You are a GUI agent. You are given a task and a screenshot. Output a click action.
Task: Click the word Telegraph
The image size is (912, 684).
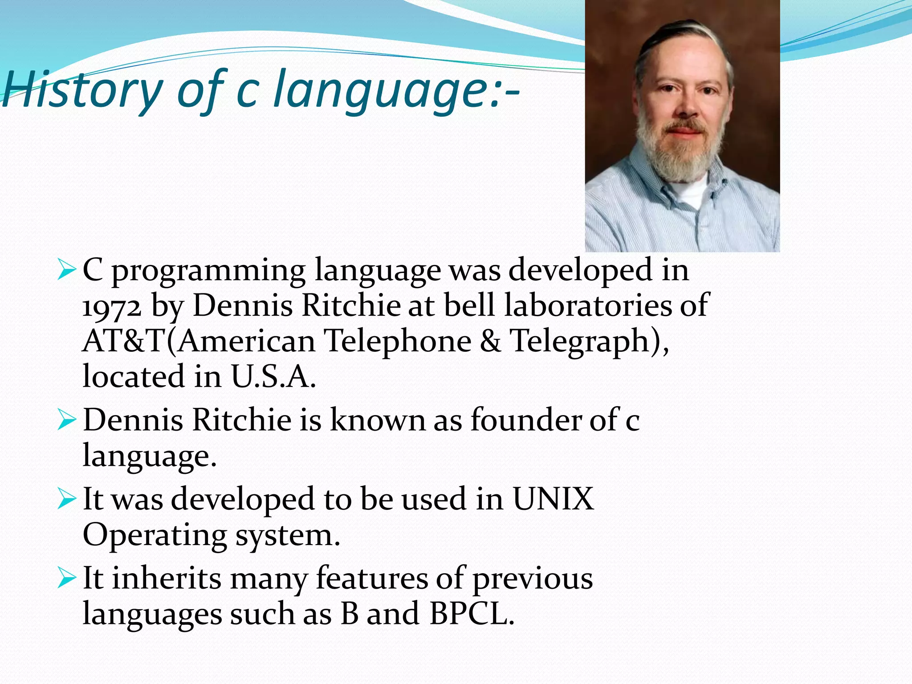[579, 342]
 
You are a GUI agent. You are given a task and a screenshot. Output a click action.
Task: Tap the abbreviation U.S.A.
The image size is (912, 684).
[273, 377]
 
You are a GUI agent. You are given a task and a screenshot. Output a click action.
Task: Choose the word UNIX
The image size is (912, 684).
[553, 499]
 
